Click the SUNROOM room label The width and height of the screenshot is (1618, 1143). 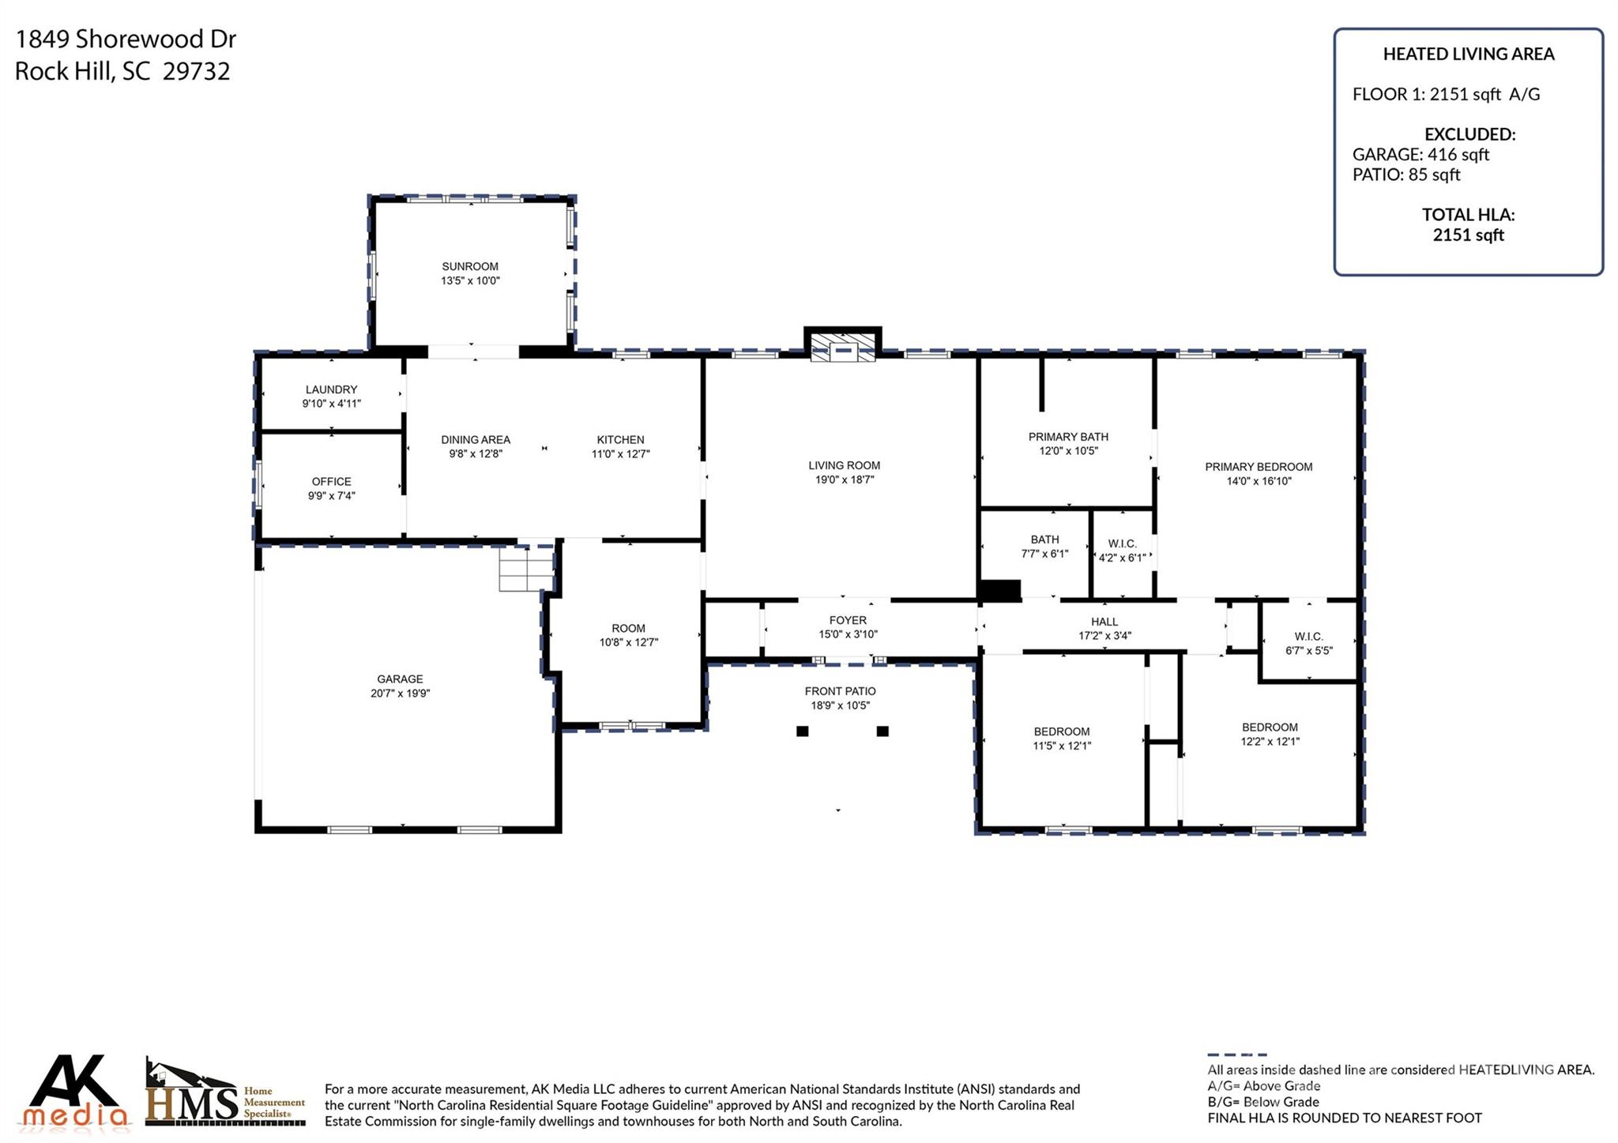tap(470, 266)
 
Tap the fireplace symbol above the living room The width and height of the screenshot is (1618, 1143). tap(842, 348)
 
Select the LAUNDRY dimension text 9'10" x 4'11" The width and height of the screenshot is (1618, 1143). tap(331, 404)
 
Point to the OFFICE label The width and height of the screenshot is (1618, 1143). tap(331, 481)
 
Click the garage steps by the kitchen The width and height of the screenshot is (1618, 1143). tap(525, 569)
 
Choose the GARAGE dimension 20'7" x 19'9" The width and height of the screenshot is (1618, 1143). tap(400, 694)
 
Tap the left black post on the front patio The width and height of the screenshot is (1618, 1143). tap(802, 731)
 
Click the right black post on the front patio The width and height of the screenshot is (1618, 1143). tap(882, 731)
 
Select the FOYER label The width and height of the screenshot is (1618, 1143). tap(848, 620)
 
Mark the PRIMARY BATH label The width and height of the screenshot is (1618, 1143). tap(1068, 437)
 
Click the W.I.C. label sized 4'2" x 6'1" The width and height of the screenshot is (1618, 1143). tap(1122, 543)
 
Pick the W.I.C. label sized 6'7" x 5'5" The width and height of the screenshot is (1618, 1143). tap(1308, 636)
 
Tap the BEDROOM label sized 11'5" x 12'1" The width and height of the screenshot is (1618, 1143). tap(1061, 731)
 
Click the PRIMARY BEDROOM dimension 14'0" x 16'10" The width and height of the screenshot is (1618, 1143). tap(1259, 481)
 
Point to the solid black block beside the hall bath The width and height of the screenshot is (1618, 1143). tap(999, 590)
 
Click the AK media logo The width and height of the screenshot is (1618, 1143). tap(75, 1092)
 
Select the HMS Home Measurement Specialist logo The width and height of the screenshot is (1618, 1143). tap(225, 1094)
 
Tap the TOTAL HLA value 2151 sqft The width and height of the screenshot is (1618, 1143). tap(1468, 235)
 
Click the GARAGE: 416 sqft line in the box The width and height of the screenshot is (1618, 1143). tap(1420, 155)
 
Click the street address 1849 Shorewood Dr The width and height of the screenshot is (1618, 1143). tap(126, 39)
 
